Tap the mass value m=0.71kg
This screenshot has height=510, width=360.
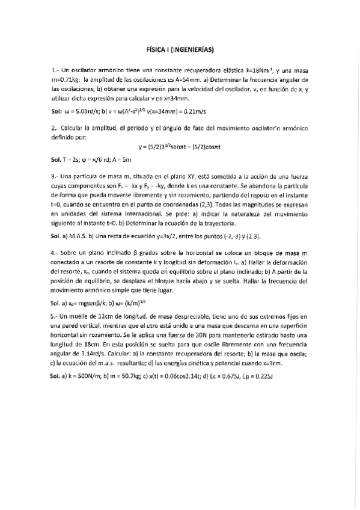pos(67,79)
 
